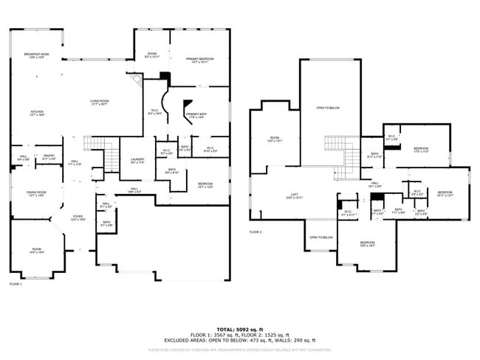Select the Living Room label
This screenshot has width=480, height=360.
[99, 103]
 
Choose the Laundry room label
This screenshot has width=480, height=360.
[137, 161]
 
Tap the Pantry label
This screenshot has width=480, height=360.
[49, 157]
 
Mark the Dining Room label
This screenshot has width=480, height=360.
[36, 195]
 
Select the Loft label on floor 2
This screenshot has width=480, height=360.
[293, 196]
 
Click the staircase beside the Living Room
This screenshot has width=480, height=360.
[110, 156]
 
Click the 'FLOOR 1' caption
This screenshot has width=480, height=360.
[16, 284]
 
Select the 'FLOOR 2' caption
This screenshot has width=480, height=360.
[256, 232]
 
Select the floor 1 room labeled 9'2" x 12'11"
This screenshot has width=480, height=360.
[152, 56]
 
